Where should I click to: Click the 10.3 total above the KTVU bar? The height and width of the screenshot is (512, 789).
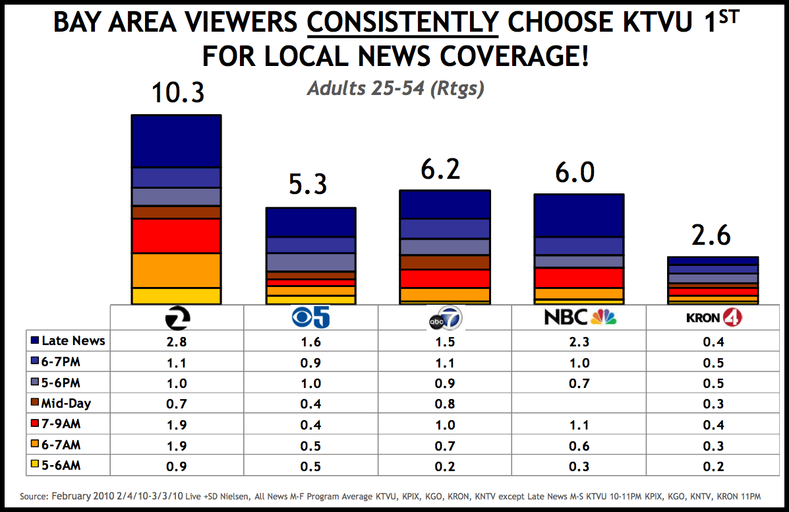click(x=178, y=92)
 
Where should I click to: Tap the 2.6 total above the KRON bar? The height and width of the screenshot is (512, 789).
click(x=712, y=236)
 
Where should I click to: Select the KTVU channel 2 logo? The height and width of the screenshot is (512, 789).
click(x=177, y=318)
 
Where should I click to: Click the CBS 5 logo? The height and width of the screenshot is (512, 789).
click(x=311, y=318)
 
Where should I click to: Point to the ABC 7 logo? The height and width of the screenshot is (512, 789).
click(x=445, y=318)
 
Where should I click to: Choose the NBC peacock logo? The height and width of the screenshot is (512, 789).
click(x=579, y=317)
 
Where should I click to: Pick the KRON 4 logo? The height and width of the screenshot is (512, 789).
click(x=714, y=318)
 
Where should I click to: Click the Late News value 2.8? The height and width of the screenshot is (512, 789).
click(x=177, y=341)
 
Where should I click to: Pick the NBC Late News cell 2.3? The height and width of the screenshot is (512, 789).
click(x=579, y=341)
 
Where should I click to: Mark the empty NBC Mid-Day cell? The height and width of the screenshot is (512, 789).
click(x=579, y=404)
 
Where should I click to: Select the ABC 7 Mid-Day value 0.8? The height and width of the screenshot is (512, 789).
click(x=446, y=404)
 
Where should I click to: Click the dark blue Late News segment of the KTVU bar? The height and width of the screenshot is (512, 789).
click(x=176, y=142)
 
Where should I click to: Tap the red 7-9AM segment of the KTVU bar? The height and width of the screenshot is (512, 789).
click(x=176, y=236)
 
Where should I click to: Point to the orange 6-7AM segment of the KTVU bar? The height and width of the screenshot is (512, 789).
click(x=176, y=271)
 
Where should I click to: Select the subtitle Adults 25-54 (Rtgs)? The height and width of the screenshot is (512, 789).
click(x=395, y=89)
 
